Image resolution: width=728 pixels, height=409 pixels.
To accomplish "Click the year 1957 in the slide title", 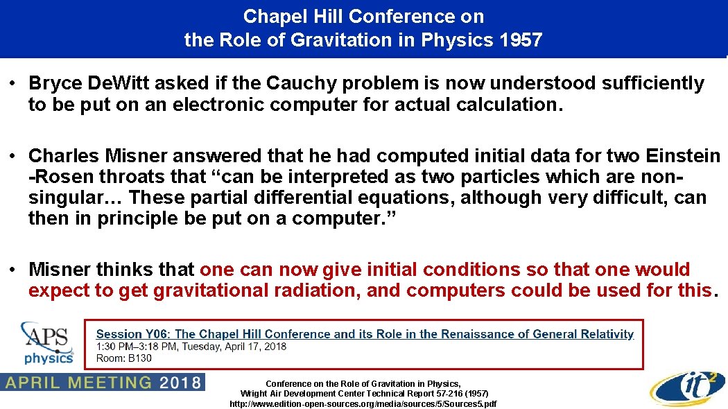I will tap(520, 40).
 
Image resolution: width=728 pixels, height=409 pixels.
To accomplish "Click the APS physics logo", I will tap(47, 343).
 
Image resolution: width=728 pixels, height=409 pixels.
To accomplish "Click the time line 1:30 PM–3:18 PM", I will tap(191, 346).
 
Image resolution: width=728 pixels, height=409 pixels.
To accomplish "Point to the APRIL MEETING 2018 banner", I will tap(102, 382).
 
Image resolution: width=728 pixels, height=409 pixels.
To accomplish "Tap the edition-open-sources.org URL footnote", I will tap(363, 403).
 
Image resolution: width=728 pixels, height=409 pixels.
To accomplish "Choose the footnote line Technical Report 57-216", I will tap(363, 393).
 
